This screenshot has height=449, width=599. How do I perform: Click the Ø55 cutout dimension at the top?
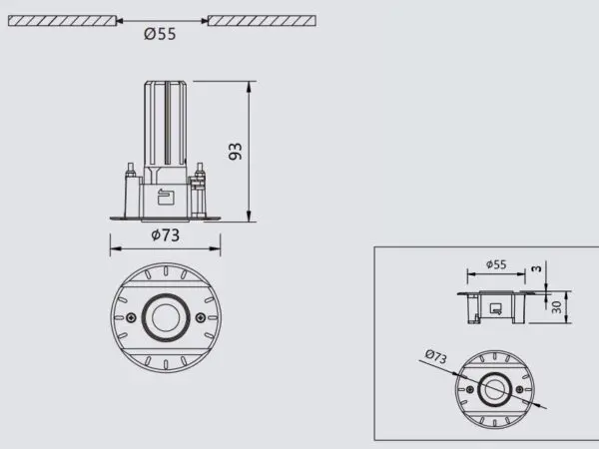point(160,34)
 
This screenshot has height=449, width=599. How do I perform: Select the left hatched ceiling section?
point(61,20)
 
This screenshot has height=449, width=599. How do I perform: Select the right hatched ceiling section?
point(261,20)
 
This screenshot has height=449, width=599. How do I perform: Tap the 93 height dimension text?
point(237,151)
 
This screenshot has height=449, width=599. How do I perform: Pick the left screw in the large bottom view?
point(129,317)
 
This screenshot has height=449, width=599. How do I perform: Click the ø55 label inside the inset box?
point(496,264)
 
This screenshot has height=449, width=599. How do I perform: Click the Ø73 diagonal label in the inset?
point(435,354)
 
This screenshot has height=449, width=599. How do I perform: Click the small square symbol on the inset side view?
point(495,307)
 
